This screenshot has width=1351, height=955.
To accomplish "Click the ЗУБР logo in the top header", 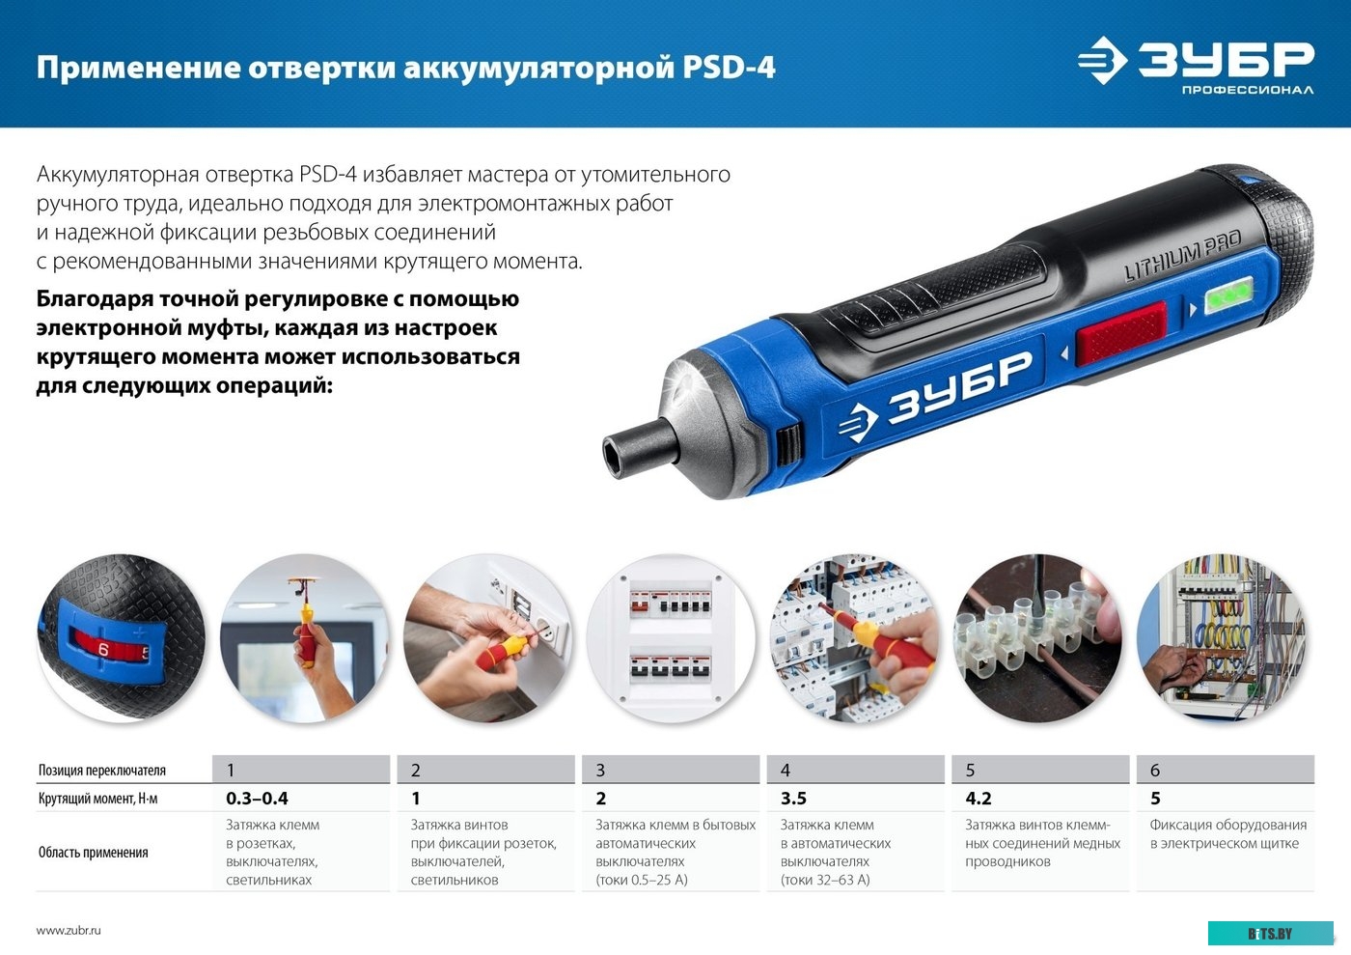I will [1197, 65].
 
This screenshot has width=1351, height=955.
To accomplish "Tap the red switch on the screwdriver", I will [1120, 332].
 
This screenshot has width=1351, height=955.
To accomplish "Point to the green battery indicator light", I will [1228, 295].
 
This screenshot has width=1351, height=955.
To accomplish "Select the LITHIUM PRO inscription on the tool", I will [1182, 257].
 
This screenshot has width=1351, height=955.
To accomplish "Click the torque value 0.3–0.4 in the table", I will [257, 799].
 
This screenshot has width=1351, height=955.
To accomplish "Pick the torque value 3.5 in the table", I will [793, 799].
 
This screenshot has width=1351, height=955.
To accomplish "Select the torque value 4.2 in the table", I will [979, 799].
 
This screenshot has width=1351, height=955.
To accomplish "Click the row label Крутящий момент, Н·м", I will [97, 799].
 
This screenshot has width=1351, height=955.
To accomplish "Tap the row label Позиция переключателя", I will [101, 771].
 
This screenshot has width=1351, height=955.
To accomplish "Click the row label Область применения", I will [93, 853].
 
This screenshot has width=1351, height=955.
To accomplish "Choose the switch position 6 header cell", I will [1225, 770].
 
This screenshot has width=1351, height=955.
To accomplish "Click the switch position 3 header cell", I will [670, 770].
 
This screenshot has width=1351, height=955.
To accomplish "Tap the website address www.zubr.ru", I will [69, 931].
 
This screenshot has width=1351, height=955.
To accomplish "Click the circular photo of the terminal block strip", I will [1038, 638].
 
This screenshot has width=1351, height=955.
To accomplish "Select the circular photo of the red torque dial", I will [121, 638].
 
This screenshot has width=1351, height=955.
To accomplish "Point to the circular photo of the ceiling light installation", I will [305, 638].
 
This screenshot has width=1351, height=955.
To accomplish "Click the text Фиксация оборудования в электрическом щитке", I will [1227, 834].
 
